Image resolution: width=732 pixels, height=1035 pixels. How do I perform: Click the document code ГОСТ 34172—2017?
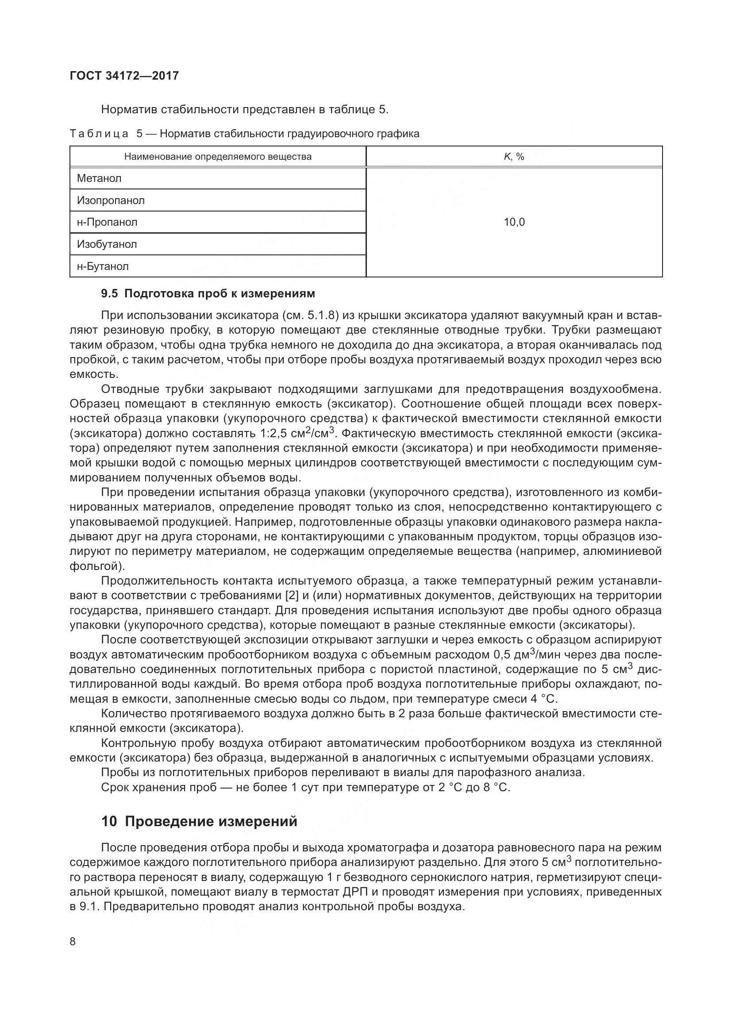click(x=124, y=76)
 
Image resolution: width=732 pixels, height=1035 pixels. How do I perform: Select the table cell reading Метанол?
click(x=99, y=178)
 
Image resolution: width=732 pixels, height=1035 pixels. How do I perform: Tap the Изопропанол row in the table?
click(x=111, y=200)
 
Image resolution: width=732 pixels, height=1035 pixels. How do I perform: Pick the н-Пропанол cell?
click(x=107, y=222)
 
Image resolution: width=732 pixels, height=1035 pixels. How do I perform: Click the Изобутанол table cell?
click(x=107, y=244)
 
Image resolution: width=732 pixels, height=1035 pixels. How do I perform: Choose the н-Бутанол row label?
click(x=103, y=266)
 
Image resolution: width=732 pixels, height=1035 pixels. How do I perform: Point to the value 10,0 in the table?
click(x=514, y=222)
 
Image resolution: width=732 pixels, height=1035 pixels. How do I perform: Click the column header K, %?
click(x=514, y=157)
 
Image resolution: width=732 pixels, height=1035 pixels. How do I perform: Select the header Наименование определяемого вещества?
click(x=218, y=157)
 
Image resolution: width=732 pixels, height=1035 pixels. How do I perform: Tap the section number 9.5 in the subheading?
click(x=109, y=294)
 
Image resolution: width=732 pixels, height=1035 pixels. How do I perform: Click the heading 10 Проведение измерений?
click(x=199, y=821)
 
